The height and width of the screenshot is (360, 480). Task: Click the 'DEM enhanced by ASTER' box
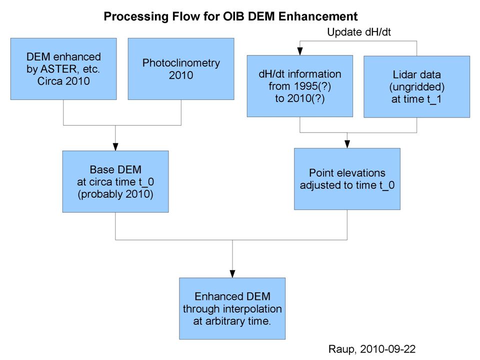[x=63, y=69]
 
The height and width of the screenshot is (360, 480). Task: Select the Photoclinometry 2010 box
[x=181, y=69]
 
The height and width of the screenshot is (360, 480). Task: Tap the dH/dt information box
[x=300, y=86]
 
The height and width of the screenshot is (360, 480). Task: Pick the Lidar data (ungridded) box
[x=416, y=86]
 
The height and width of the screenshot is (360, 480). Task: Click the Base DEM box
[x=115, y=181]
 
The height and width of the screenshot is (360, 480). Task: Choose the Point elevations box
[x=347, y=179]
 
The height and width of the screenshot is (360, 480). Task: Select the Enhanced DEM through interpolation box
[x=232, y=308]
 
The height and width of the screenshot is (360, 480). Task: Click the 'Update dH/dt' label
[x=359, y=32]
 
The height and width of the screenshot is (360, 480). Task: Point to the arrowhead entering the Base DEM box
[x=115, y=147]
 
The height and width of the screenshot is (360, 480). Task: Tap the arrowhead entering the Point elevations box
[x=347, y=144]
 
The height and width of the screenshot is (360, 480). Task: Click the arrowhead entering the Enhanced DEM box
[x=232, y=274]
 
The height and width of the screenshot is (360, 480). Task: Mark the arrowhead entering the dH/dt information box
[x=300, y=51]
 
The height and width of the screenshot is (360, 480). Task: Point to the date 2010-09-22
[x=388, y=349]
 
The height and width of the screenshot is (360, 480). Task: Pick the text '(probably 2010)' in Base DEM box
[x=115, y=194]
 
